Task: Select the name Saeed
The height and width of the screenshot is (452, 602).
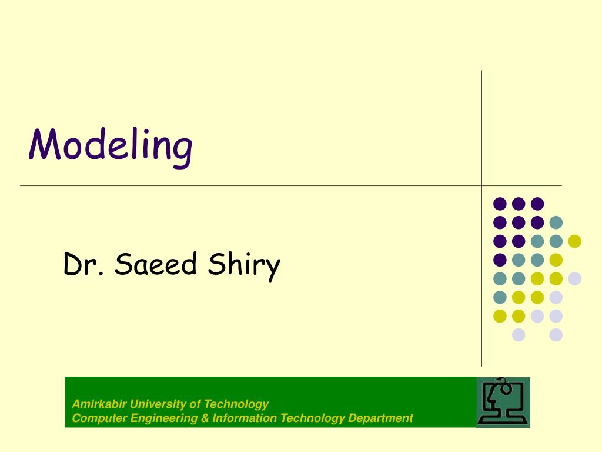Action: [156, 264]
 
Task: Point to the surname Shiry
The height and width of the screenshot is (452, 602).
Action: [244, 266]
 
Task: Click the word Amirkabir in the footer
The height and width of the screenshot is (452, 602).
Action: [99, 404]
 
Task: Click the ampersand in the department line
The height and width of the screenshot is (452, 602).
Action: [205, 418]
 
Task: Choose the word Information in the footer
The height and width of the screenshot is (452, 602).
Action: [244, 418]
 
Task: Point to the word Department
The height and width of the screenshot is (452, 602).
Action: [380, 418]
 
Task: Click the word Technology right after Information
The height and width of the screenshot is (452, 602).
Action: [312, 418]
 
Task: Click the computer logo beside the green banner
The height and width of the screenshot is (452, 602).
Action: [503, 402]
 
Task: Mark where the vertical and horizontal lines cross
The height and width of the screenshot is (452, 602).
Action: [481, 185]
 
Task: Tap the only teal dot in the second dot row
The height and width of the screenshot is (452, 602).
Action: [556, 222]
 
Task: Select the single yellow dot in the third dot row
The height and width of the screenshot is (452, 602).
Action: [575, 241]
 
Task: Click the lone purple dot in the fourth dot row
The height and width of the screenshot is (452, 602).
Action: [500, 260]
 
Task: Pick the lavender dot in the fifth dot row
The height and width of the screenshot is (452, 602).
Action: [575, 278]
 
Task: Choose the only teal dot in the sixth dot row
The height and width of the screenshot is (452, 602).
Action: [500, 297]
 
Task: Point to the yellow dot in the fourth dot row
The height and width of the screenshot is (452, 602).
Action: [556, 260]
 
